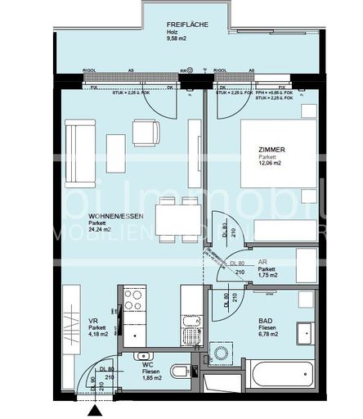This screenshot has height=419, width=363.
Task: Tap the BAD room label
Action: click(x=266, y=322)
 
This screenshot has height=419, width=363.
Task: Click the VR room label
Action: click(x=92, y=322)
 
